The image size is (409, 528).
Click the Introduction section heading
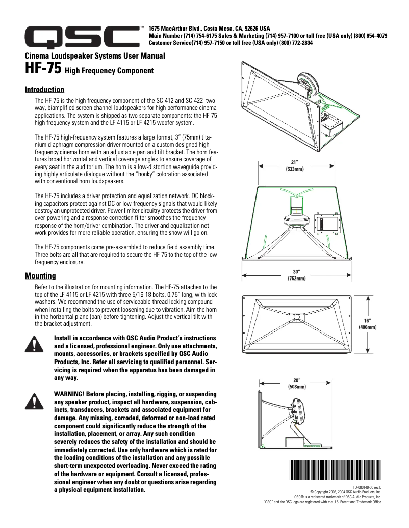(x=44, y=90)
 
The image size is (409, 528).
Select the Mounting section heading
(x=40, y=276)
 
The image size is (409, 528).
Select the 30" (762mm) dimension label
(x=296, y=275)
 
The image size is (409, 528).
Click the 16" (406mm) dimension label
(x=367, y=324)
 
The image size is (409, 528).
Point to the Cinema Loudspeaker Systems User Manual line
(x=95, y=55)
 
